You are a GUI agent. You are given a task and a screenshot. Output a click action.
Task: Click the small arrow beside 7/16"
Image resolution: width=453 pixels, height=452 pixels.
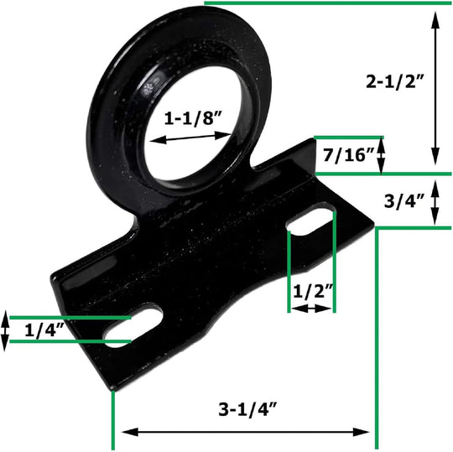pyautogui.click(x=382, y=154)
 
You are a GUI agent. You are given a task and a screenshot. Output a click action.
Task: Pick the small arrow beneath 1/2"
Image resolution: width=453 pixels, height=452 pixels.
pyautogui.click(x=311, y=309)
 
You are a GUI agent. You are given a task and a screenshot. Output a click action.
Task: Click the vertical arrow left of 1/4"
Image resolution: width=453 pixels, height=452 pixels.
pyautogui.click(x=6, y=330)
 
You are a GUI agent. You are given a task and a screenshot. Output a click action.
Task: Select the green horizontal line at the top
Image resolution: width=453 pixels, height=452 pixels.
pyautogui.click(x=327, y=3)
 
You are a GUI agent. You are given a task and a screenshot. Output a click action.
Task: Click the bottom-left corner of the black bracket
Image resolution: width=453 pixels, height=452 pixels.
pyautogui.click(x=112, y=387)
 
